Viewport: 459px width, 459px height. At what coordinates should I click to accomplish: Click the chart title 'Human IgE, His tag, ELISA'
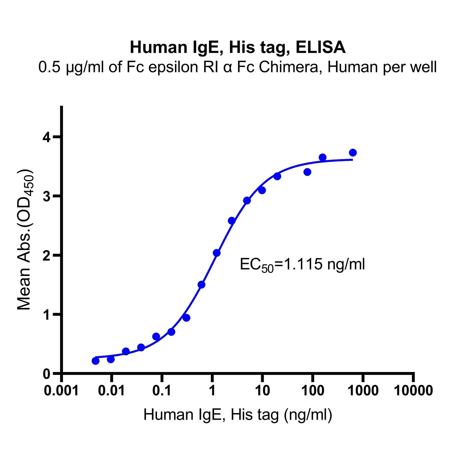click(238, 48)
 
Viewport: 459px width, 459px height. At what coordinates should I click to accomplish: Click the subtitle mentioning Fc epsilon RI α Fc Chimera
click(238, 67)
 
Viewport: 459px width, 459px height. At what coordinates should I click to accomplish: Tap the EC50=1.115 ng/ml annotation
click(302, 265)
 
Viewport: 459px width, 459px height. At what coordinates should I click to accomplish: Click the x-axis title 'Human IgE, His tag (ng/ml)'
click(238, 415)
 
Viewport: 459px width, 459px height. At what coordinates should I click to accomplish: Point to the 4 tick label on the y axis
click(47, 137)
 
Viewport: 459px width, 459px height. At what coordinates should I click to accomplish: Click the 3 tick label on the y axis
click(47, 196)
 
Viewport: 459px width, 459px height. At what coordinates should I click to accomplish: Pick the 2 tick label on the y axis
click(47, 255)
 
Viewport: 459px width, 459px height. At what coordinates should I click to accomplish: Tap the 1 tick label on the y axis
click(47, 314)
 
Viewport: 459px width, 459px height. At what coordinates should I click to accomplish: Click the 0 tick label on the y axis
click(47, 374)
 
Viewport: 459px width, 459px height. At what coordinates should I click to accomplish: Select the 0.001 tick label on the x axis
click(61, 390)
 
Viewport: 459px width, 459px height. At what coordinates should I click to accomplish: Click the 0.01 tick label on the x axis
click(111, 390)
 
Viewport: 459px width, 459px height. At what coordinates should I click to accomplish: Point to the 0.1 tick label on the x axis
click(162, 390)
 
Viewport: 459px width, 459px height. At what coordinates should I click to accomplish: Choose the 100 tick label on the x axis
click(313, 390)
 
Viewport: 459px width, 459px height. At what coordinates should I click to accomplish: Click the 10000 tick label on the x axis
click(413, 390)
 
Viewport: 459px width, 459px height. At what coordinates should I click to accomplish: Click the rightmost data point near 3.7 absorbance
click(353, 153)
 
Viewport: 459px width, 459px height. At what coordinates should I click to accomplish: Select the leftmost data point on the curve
click(96, 361)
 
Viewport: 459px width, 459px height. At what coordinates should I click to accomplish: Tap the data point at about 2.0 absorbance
click(217, 253)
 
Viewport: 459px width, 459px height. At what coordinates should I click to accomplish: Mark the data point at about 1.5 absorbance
click(201, 285)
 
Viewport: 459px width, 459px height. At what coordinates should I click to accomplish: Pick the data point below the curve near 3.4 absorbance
click(307, 172)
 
